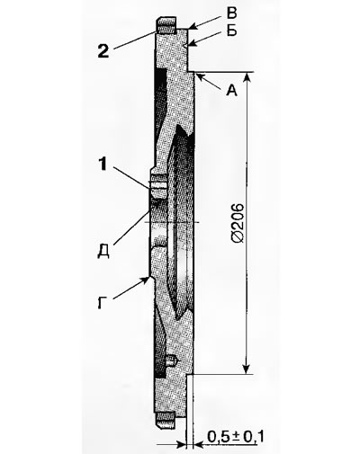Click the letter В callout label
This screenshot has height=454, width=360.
(231, 13)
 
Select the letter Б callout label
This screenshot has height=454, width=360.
(231, 31)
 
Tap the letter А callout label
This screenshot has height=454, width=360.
(231, 90)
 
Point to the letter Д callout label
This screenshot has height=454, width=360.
(103, 251)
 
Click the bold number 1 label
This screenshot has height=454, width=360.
(103, 164)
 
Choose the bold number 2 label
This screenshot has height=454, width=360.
(103, 51)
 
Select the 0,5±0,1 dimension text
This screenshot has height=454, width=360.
(235, 437)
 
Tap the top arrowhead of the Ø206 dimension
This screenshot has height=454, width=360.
(247, 76)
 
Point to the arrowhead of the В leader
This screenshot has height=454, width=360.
(193, 27)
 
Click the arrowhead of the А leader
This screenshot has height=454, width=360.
(198, 76)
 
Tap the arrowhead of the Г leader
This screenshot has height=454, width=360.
(146, 280)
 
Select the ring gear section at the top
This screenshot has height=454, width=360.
(166, 27)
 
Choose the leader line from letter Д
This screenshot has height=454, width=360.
(131, 224)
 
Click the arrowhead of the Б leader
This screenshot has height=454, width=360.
(188, 46)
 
